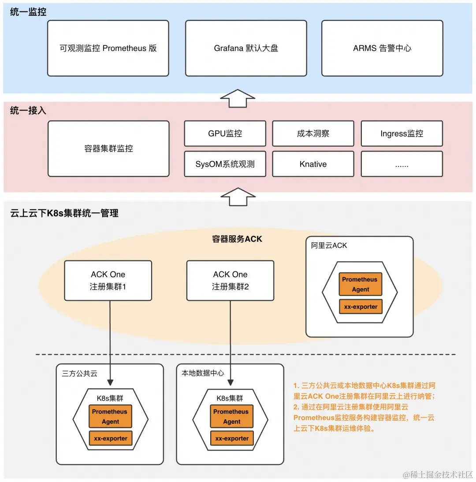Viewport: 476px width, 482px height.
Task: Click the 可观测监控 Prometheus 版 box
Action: [108, 48]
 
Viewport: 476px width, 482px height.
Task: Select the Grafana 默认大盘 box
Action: [246, 48]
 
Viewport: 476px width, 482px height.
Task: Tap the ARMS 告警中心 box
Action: [382, 48]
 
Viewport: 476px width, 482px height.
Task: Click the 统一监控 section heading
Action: [28, 12]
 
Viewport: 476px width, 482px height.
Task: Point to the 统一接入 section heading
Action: [28, 111]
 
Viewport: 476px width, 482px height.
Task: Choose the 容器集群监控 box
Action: [108, 149]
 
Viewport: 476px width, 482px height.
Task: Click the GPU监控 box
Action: [225, 133]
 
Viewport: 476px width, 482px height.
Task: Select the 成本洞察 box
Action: [313, 133]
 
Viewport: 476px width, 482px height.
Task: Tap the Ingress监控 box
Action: [402, 133]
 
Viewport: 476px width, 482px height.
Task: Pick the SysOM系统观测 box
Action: [225, 164]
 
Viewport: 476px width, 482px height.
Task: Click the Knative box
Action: [313, 164]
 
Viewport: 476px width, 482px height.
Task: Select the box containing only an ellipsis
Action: [402, 164]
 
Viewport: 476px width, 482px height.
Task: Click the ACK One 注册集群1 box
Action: [108, 281]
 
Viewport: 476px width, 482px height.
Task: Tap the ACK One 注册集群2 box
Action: [230, 281]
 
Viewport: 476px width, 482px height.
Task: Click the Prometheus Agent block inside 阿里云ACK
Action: [360, 284]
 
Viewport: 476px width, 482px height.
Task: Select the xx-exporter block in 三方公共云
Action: [110, 438]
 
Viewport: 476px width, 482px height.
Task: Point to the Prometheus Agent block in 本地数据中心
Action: [231, 416]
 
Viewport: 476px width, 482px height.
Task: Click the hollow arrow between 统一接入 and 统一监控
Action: [237, 98]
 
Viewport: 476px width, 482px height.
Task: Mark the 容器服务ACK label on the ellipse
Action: [237, 239]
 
